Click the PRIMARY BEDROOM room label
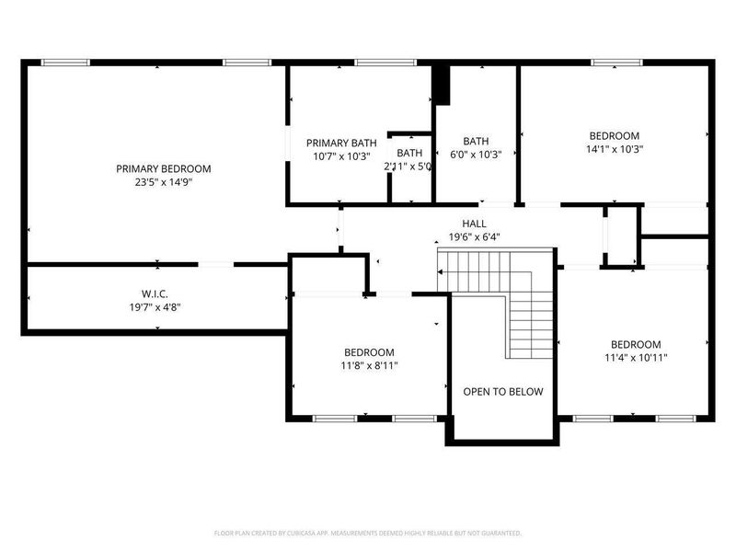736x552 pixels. tap(163, 168)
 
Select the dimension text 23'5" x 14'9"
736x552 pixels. tap(163, 182)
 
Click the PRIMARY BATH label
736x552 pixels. tap(341, 143)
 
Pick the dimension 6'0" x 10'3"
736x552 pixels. tap(476, 155)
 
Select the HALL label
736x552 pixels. tap(475, 224)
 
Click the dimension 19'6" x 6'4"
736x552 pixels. tap(475, 236)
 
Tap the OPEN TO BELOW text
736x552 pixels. tap(502, 391)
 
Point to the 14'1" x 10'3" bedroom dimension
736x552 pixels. tap(614, 148)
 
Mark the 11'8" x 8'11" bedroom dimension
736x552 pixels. tap(369, 365)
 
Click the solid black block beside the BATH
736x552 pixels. tap(442, 85)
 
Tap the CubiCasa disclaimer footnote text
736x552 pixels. tap(368, 533)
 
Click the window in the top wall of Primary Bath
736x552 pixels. tap(374, 63)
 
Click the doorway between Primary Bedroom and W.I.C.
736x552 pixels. tap(215, 265)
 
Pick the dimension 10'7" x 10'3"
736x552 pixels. tap(341, 155)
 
